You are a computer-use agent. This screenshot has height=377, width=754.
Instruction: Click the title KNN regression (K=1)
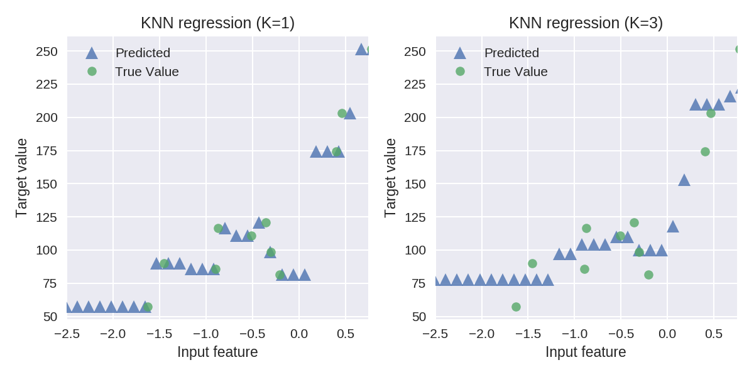coord(217,23)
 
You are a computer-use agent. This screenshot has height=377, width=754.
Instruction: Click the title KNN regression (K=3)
coord(586,23)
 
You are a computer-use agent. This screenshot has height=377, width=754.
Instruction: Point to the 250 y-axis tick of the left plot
coord(46,52)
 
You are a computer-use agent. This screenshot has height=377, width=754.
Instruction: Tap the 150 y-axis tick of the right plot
coord(415,184)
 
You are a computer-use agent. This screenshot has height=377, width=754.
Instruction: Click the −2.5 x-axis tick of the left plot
coord(67,333)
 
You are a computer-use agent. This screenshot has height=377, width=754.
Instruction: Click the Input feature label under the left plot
coord(217,352)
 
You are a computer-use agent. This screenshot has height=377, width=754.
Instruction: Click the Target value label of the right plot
coord(391,178)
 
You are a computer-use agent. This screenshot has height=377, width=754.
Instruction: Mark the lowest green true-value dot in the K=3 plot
coord(516,307)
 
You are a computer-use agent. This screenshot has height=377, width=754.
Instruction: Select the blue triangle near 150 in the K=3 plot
coord(684,180)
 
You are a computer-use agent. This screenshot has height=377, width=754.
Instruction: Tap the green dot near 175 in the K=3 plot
coord(705,151)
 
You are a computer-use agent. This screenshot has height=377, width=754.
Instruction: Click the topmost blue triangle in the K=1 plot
coord(361,50)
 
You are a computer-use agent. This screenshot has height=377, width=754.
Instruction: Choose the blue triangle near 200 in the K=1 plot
coord(350,114)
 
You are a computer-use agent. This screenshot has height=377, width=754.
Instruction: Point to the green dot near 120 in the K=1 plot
coord(266,222)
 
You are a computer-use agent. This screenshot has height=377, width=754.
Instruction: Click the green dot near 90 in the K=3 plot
coord(532,263)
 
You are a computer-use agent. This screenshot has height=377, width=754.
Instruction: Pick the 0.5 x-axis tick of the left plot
coord(345,333)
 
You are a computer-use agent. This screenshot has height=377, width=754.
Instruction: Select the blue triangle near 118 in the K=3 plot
coord(673,226)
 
